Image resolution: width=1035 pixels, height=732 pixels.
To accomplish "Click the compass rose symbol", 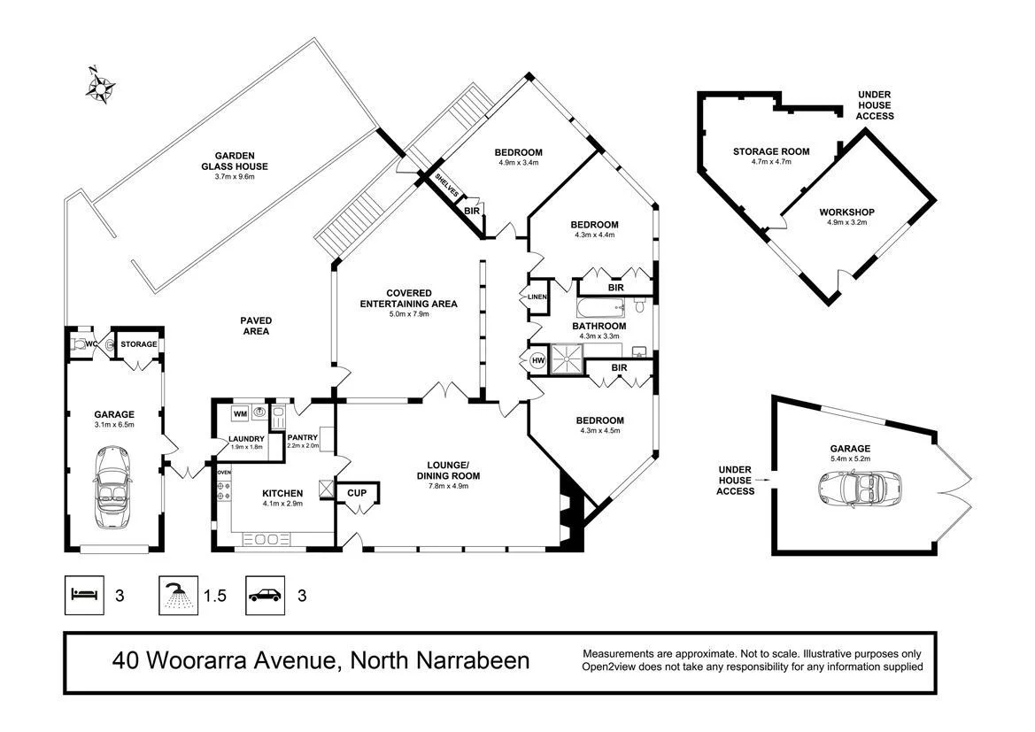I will (101, 84).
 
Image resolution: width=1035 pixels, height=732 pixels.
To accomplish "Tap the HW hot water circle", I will (537, 360).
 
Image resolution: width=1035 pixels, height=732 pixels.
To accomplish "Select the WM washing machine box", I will (240, 413).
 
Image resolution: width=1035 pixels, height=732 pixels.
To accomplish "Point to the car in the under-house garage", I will (853, 488).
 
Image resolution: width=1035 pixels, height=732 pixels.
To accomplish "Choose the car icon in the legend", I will (265, 595).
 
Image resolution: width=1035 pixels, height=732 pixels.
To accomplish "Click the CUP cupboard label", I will (358, 493).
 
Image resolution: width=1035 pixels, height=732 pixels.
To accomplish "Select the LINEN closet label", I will (537, 297).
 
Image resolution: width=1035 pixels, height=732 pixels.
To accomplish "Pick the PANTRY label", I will (303, 437).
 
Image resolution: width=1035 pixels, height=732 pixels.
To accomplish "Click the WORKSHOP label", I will (846, 212).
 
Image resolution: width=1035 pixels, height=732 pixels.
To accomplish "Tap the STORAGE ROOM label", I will (770, 151).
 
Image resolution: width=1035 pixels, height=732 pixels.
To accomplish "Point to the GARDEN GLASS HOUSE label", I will (234, 160).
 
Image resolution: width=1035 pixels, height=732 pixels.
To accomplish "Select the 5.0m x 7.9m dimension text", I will (408, 314).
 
